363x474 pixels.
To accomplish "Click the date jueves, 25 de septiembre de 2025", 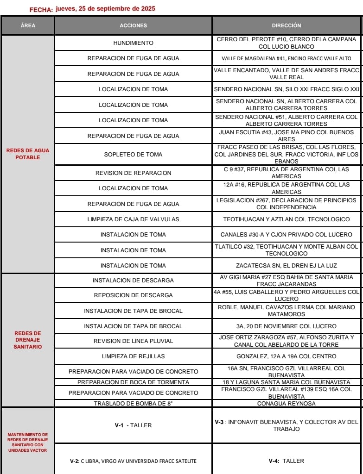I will tap(105, 9).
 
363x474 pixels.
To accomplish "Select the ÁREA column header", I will tap(28, 25).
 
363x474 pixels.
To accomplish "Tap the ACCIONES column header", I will tap(133, 25).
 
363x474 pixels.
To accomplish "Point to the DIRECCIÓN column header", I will tap(286, 25).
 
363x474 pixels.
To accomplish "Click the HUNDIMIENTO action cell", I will tap(133, 43).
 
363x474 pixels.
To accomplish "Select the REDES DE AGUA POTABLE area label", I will tap(28, 154).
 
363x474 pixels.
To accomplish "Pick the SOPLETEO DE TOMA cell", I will tap(133, 154).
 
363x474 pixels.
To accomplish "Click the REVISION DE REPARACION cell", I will tap(133, 173).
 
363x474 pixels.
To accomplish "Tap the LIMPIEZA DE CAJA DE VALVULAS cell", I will tap(133, 219).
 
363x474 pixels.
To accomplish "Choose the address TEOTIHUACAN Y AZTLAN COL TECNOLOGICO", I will tap(286, 219).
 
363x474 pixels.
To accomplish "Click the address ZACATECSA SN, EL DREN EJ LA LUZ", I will tap(286, 266).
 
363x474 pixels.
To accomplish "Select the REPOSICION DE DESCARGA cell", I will tap(133, 295).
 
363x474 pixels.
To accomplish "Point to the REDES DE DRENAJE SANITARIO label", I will tap(28, 340).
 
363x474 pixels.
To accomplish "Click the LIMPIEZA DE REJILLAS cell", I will tap(133, 356).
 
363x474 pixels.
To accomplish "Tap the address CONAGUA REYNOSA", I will tap(286, 403).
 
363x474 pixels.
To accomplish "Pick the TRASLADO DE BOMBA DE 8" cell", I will tap(133, 403).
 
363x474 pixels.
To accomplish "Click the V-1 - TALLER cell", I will tap(133, 425).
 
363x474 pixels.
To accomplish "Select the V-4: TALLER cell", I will tap(286, 461).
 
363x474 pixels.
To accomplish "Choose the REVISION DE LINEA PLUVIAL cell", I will tap(133, 341).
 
